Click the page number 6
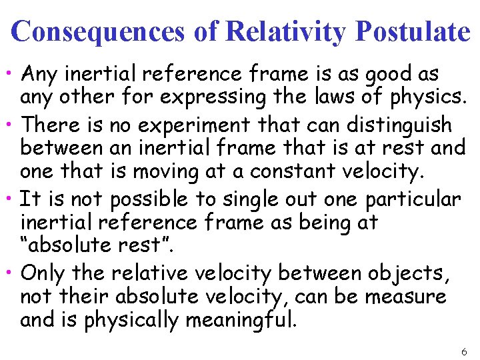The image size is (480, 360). pos(464,351)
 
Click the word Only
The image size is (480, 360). pos(43,273)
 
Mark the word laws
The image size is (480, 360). pos(333,97)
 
